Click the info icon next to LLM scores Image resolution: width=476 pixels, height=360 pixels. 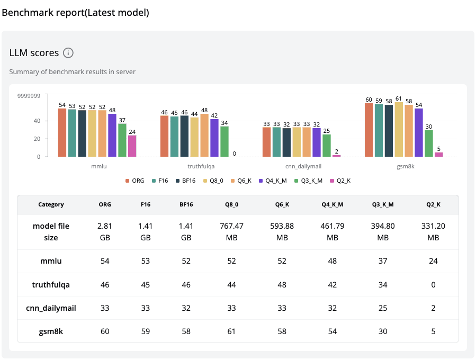pos(68,53)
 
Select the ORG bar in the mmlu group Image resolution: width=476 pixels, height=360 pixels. pos(62,132)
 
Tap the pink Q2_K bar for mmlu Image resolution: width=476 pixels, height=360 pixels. pos(132,146)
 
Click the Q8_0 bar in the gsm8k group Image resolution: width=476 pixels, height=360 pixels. pos(399,130)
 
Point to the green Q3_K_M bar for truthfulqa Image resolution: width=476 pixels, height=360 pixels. pos(224,141)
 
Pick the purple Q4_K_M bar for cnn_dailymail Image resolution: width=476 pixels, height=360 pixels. pos(317,142)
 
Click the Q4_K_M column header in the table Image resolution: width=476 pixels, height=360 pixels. pos(332,204)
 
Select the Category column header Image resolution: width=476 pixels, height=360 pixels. pos(51,204)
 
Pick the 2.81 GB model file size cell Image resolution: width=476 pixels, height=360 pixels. pos(105,232)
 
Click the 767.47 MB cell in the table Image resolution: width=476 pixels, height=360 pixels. pos(231,232)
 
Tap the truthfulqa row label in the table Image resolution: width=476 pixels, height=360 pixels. pos(51,285)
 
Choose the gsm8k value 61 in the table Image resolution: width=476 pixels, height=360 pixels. pos(231,331)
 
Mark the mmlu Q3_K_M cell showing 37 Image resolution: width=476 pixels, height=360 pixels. pos(383,262)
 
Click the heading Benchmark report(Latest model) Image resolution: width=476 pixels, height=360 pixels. pos(76,13)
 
